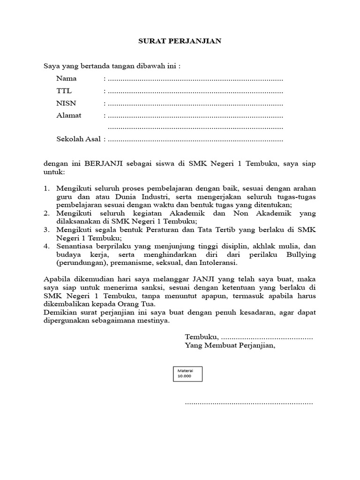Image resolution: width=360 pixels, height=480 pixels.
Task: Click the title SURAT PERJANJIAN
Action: click(x=180, y=41)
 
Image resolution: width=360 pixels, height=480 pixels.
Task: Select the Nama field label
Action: click(x=67, y=78)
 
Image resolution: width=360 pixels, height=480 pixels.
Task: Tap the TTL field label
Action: click(x=64, y=91)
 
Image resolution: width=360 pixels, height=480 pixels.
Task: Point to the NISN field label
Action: click(x=66, y=103)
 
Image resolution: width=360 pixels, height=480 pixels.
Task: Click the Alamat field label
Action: click(x=69, y=115)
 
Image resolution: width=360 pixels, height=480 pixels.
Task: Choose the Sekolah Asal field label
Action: click(x=79, y=139)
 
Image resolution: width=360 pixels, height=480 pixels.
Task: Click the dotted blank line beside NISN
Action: click(x=195, y=104)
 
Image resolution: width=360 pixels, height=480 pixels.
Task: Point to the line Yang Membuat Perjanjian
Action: click(x=230, y=346)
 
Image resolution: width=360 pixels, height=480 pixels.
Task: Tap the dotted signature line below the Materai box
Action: click(x=249, y=403)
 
